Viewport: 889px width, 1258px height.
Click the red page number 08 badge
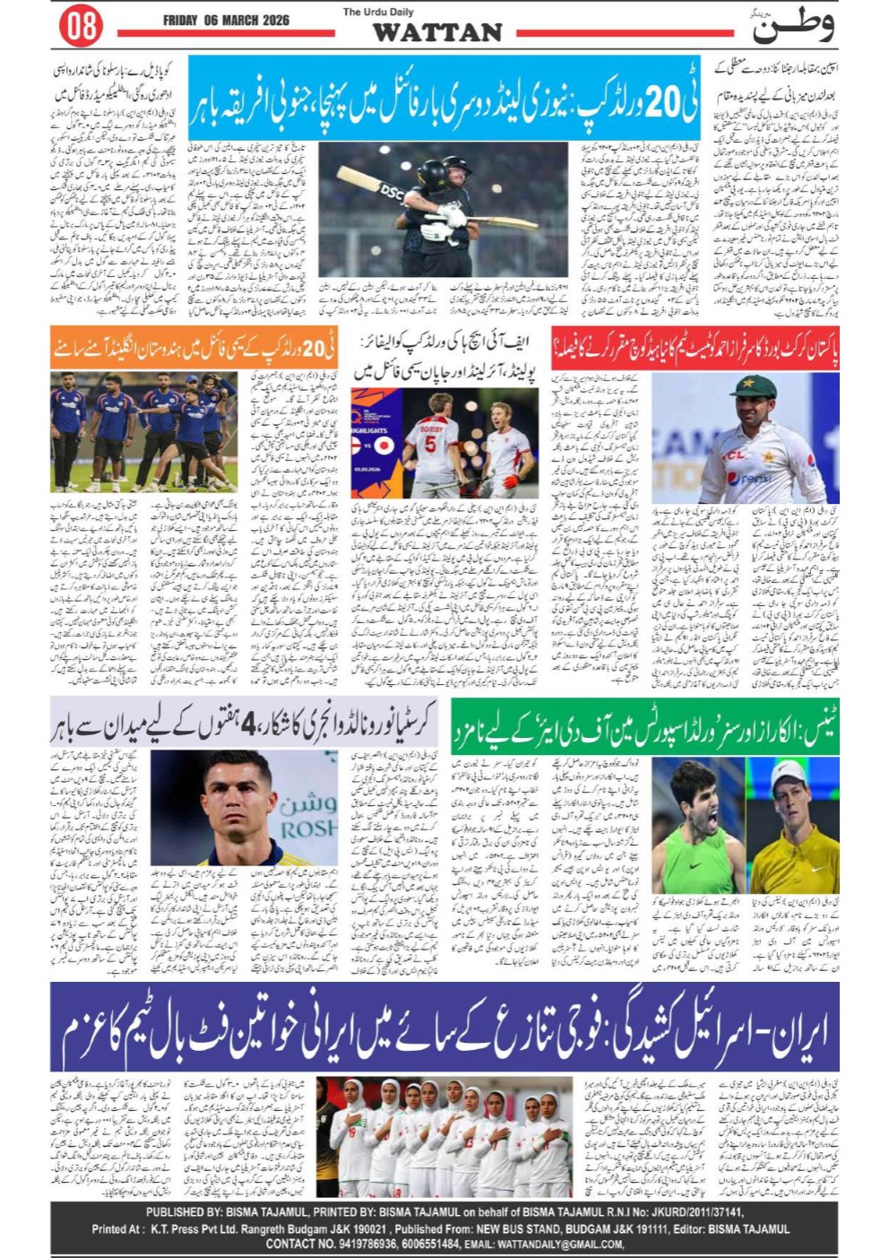(82, 26)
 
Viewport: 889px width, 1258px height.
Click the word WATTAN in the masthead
(437, 32)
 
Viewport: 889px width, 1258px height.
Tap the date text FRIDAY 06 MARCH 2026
(226, 20)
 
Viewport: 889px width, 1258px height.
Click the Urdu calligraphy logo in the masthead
(793, 25)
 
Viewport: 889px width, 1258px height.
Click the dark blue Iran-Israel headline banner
(444, 1028)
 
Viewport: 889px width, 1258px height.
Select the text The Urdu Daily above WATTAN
(377, 12)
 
